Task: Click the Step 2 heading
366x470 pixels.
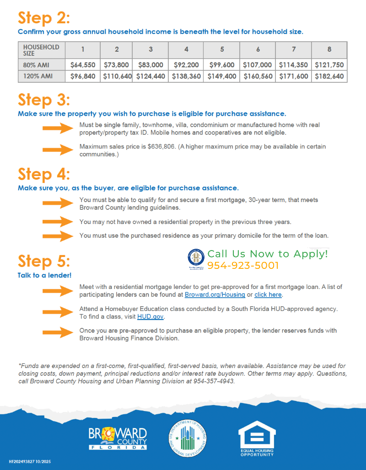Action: [x=44, y=18]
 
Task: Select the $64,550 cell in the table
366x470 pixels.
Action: [x=83, y=65]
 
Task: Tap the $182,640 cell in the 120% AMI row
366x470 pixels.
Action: [x=329, y=76]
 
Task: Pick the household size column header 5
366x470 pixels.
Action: [x=222, y=49]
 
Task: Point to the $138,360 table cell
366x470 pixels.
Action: [x=186, y=76]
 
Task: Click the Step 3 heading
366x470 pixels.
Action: [x=44, y=100]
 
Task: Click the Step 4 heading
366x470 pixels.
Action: [x=44, y=174]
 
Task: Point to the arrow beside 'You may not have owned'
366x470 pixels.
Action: [x=58, y=222]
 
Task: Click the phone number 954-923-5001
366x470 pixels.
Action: [x=243, y=266]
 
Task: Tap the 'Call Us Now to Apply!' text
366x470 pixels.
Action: [x=268, y=254]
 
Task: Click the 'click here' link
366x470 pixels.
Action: [x=268, y=294]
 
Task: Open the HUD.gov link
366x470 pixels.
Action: [x=150, y=316]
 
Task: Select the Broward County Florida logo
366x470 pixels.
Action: [x=118, y=438]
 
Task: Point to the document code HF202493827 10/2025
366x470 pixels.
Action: [x=30, y=462]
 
